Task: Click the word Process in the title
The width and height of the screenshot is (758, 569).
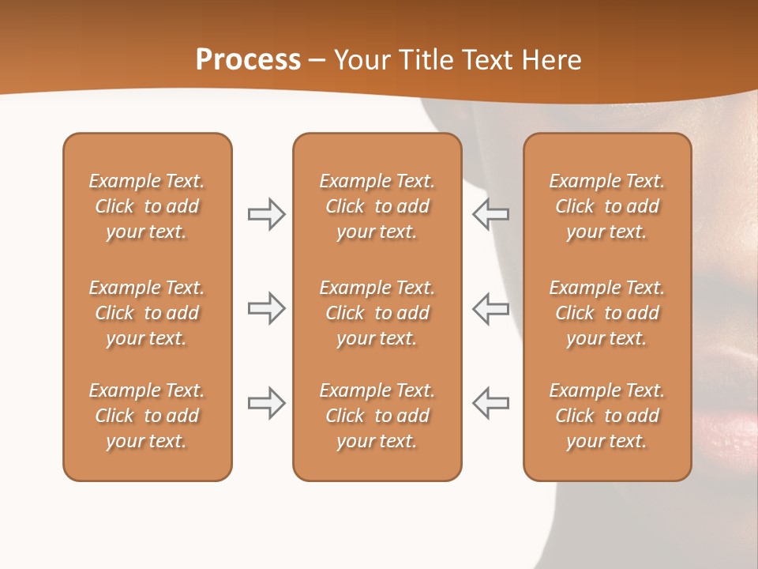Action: [x=248, y=60]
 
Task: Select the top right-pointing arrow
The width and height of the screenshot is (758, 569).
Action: [x=266, y=214]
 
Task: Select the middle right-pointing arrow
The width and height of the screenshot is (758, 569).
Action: [x=266, y=308]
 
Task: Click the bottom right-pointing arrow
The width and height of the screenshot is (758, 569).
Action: [x=266, y=403]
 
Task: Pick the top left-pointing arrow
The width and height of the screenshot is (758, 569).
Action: [x=490, y=214]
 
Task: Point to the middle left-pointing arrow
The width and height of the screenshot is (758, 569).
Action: [x=490, y=308]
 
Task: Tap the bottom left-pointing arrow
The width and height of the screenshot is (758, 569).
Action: [x=490, y=403]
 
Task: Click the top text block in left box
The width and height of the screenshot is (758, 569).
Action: [x=147, y=206]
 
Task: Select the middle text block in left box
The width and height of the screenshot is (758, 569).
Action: [x=147, y=313]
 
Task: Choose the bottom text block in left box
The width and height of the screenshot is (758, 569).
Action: [x=147, y=416]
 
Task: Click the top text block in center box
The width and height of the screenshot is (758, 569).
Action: [x=377, y=206]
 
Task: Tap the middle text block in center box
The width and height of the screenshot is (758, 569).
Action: [x=377, y=313]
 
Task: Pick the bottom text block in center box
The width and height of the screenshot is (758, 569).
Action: [x=377, y=416]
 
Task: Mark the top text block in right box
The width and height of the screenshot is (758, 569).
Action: [x=606, y=206]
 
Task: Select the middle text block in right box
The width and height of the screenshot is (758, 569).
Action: [x=606, y=313]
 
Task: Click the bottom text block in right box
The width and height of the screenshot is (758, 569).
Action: [x=606, y=416]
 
